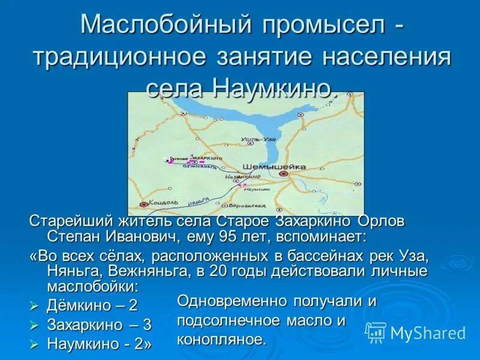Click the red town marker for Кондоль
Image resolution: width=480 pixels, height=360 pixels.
(143, 204)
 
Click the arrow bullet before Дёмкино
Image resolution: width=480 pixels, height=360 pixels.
(34, 306)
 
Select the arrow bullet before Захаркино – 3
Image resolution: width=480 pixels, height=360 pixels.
(34, 326)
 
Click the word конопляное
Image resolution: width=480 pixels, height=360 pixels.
(221, 340)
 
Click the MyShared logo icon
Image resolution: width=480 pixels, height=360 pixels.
(376, 332)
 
